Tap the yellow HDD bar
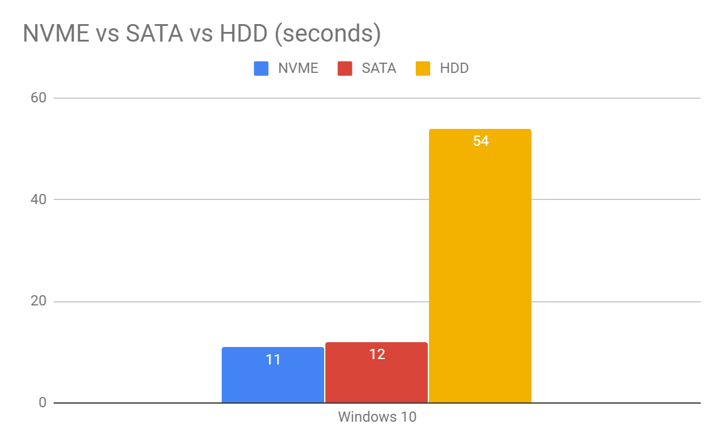(480, 271)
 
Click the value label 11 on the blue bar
(273, 360)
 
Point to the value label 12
(377, 354)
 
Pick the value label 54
(481, 142)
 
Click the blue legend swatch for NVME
(261, 69)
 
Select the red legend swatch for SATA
(345, 69)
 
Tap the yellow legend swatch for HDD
(423, 69)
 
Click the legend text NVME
(298, 69)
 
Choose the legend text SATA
(379, 69)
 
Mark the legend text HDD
(454, 69)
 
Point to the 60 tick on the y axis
(38, 98)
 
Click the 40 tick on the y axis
(38, 199)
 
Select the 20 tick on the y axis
(38, 301)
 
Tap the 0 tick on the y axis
(42, 402)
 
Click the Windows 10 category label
(377, 417)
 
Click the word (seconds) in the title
(327, 34)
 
